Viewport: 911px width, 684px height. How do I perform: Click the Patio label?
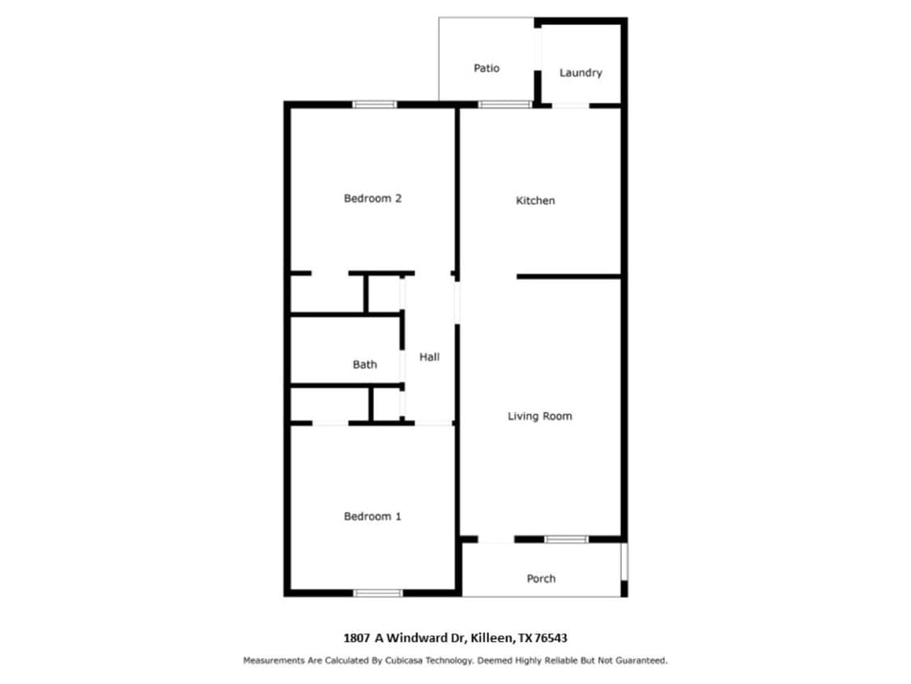(487, 68)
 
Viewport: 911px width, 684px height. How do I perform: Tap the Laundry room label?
(581, 73)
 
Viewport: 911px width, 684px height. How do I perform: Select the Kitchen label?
(535, 201)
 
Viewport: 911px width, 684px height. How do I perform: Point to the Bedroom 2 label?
(372, 199)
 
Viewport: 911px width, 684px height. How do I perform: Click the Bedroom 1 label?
(372, 516)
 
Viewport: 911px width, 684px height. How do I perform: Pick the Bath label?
(365, 365)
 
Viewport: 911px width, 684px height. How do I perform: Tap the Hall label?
(429, 357)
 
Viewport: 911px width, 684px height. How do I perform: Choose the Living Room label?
(540, 417)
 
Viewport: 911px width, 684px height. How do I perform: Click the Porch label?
(541, 579)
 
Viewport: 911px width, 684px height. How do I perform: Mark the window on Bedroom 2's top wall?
(375, 105)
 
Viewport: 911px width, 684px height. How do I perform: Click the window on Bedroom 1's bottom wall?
(377, 593)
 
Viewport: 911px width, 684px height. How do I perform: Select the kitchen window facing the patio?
(504, 105)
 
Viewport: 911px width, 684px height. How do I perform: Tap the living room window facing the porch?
(566, 540)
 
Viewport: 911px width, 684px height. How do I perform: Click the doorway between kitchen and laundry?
(571, 106)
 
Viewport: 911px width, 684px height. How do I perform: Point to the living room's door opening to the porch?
(496, 541)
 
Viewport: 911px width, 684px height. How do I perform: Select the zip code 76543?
(551, 638)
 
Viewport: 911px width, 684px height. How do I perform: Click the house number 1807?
(357, 638)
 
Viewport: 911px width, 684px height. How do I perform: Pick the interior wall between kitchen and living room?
(568, 277)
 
